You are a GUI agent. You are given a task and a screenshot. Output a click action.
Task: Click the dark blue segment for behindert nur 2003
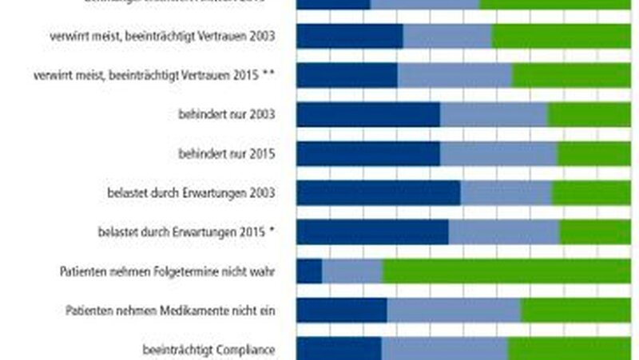point(368,115)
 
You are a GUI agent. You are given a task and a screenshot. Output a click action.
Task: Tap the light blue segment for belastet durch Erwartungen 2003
point(506,193)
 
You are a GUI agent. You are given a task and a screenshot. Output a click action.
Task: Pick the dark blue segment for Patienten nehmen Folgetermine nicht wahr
point(309,271)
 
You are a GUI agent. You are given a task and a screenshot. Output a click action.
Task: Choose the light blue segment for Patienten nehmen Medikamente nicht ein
point(454,311)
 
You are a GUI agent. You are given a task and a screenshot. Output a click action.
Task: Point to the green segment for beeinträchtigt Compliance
point(569,349)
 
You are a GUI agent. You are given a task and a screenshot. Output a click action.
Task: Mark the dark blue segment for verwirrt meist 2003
point(350,37)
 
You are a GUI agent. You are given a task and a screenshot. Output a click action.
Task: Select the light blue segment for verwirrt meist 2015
point(454,76)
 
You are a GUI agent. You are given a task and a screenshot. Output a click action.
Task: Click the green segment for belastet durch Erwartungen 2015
point(594,232)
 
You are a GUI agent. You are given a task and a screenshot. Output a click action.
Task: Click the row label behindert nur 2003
point(227,114)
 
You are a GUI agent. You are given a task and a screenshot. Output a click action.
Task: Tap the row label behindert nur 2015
point(227,153)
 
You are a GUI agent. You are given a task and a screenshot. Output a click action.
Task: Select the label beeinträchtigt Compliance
point(209,350)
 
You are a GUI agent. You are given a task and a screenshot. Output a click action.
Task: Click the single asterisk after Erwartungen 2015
point(272,231)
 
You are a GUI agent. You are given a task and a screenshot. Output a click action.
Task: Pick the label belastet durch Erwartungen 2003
point(191,193)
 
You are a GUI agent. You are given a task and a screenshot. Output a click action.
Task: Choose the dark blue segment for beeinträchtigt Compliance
point(339,349)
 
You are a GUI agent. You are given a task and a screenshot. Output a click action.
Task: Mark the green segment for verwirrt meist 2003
point(561,37)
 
